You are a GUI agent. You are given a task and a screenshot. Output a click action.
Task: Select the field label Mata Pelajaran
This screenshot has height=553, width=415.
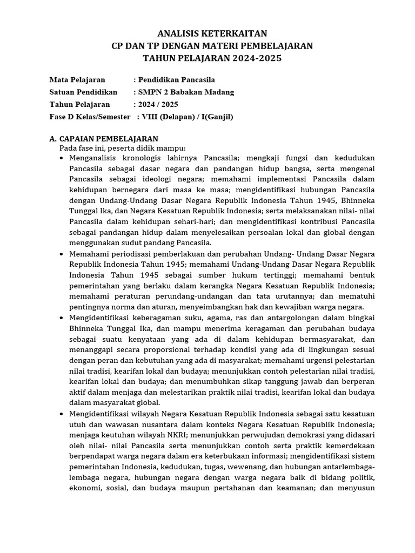[x=77, y=80]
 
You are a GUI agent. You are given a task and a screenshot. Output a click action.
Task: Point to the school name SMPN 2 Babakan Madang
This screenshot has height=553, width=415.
[x=186, y=92]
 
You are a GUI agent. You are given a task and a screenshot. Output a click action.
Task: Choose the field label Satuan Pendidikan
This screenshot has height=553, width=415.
[x=83, y=92]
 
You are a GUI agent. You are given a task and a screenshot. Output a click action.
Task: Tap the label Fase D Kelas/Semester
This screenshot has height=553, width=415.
[x=90, y=117]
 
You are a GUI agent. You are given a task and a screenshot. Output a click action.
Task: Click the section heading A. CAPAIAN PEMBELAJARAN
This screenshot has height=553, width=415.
[x=103, y=139]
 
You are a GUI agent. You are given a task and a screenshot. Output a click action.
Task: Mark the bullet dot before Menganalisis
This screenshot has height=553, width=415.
[x=62, y=158]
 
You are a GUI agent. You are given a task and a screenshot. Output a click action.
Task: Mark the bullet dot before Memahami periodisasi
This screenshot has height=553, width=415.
[x=62, y=254]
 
